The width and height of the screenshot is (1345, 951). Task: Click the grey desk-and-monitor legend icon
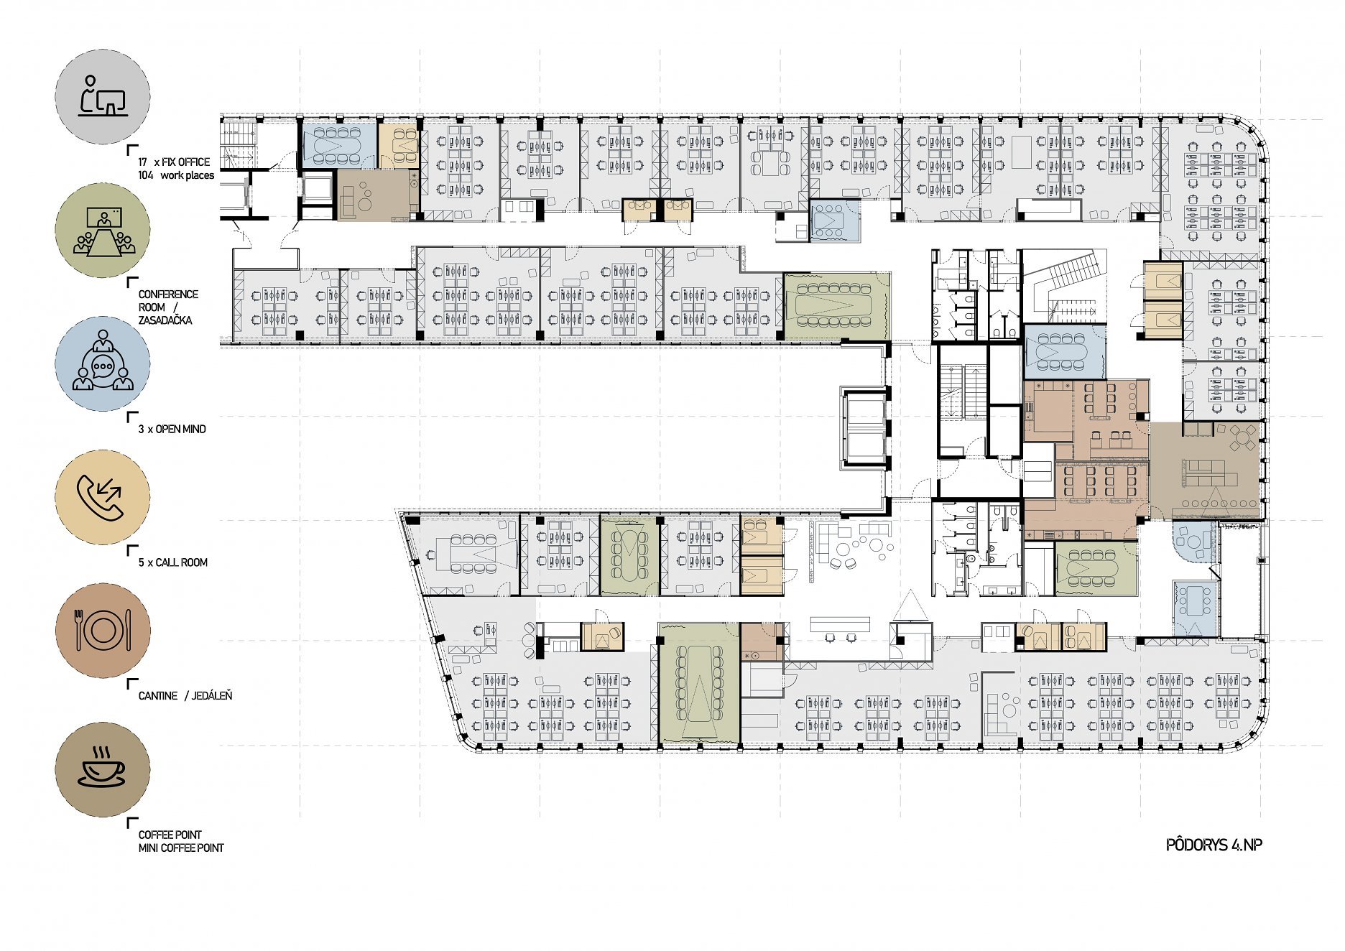(x=103, y=96)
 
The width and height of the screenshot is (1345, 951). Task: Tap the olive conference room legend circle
(x=103, y=230)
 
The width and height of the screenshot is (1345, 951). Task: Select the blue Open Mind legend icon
(x=103, y=363)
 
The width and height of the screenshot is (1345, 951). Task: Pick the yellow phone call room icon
(x=103, y=497)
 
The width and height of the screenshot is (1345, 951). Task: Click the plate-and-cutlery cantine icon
(x=103, y=630)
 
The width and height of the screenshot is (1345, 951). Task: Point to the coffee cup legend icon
(x=103, y=769)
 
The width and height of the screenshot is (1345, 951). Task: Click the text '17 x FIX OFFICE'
(x=174, y=162)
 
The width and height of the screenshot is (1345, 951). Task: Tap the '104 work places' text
(x=176, y=175)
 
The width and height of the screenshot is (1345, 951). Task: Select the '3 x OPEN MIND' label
(x=172, y=429)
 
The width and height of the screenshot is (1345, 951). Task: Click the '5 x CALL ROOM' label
(x=173, y=562)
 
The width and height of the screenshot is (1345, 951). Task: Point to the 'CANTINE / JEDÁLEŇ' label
(x=185, y=695)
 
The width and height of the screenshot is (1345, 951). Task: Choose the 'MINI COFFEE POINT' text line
(x=181, y=848)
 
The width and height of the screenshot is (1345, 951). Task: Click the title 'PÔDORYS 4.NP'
(x=1214, y=845)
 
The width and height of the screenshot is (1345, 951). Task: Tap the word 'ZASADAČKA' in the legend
(x=165, y=320)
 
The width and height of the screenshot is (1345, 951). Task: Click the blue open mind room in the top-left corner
(x=338, y=147)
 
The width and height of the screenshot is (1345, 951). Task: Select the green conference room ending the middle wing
(x=836, y=306)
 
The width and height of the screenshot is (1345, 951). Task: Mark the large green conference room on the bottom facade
(x=699, y=684)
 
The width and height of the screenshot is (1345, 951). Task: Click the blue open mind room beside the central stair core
(x=1064, y=351)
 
